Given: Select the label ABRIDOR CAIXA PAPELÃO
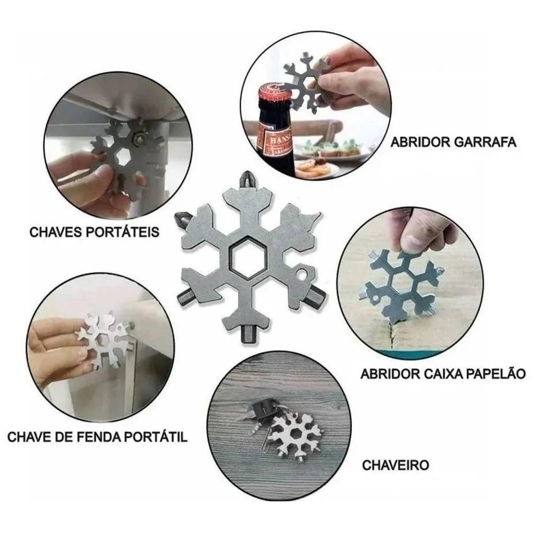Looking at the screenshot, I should [x=442, y=374].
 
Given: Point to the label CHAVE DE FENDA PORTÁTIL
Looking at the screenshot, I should [x=97, y=436].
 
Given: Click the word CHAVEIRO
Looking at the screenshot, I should [x=396, y=464].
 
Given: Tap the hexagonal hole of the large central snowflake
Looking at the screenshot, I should [x=247, y=256].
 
